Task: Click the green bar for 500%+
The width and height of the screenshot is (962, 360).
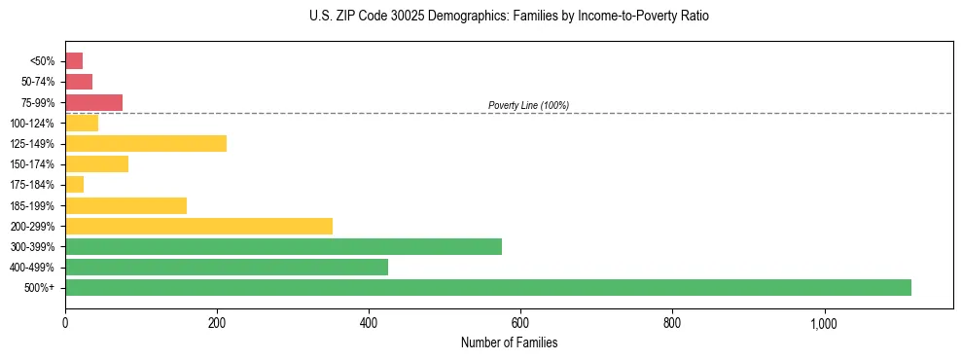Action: tap(487, 287)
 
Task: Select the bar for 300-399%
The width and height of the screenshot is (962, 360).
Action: tap(283, 246)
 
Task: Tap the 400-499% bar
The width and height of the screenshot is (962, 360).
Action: tap(226, 267)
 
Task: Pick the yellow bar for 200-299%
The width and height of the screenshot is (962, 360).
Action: tap(198, 226)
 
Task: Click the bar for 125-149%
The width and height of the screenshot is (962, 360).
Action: tap(146, 144)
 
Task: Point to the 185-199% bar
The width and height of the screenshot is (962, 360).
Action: tap(125, 205)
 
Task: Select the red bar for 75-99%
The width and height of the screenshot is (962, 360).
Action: tap(93, 102)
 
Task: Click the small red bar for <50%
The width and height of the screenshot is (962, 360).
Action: tap(74, 61)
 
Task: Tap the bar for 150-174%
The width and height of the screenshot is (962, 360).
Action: tap(96, 164)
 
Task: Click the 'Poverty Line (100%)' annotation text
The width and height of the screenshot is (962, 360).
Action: tap(528, 105)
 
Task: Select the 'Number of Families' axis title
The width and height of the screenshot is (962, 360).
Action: tap(510, 342)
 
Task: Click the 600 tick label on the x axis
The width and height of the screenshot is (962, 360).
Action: tap(520, 322)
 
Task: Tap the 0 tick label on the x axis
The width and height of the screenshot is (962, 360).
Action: tap(65, 322)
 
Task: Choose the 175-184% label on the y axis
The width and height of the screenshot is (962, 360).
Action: tap(32, 185)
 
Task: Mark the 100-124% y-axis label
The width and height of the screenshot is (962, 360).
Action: tap(32, 124)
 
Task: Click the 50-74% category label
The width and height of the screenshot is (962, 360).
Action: tap(35, 82)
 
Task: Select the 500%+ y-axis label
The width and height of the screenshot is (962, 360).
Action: tap(40, 288)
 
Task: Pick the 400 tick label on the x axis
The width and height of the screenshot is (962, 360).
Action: tap(369, 322)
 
